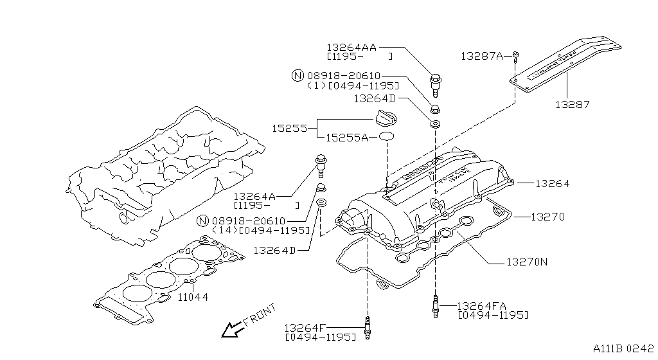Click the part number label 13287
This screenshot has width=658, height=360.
[572, 104]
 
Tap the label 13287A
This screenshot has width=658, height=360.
[481, 56]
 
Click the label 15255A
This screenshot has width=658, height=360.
[346, 138]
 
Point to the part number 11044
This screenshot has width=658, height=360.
[192, 297]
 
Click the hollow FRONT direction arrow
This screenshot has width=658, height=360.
[229, 330]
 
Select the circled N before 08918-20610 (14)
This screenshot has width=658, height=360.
[203, 221]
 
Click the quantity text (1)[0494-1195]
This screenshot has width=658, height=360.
[353, 85]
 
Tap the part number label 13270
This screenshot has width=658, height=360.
[547, 217]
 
